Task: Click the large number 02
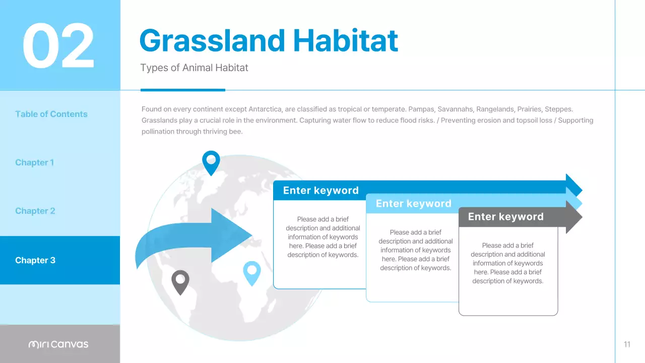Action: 58,46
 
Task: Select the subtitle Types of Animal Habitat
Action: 194,68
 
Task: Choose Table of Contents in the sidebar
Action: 51,114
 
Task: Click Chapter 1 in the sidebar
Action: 34,162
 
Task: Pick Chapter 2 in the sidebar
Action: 35,211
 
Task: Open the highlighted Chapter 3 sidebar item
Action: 35,260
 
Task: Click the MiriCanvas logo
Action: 58,344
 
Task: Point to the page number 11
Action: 627,344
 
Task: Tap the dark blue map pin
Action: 211,161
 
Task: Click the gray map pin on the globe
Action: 180,281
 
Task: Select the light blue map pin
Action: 252,272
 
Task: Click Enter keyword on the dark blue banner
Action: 320,191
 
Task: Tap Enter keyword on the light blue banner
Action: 413,204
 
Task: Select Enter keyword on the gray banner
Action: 505,217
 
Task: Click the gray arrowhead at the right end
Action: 573,217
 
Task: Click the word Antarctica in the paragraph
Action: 267,109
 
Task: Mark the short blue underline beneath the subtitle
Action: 182,90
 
